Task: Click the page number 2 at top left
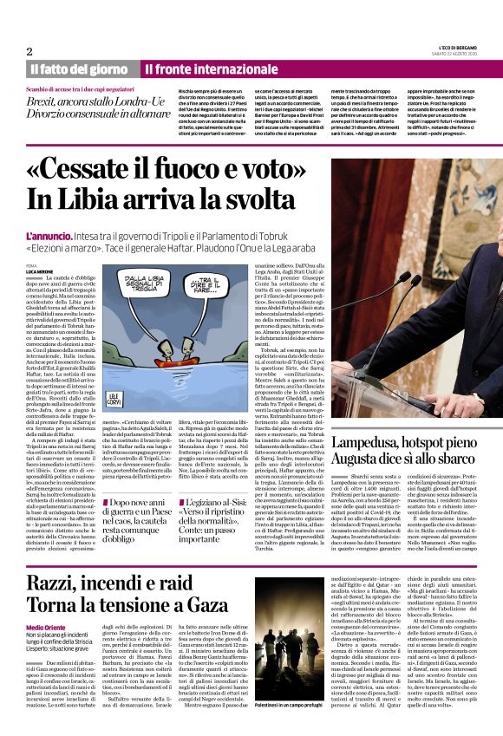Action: (x=29, y=51)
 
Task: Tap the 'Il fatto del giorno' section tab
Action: (x=79, y=68)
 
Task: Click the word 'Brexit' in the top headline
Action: (x=43, y=101)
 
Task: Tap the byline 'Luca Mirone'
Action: (x=40, y=271)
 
